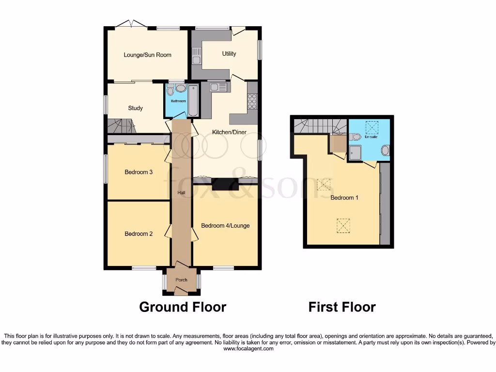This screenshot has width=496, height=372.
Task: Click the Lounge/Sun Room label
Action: tap(147, 55)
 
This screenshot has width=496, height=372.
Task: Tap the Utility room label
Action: tap(229, 54)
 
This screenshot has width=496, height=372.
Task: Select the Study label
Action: tap(135, 108)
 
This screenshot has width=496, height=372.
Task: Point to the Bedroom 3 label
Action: tap(139, 172)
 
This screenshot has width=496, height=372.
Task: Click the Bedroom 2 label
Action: tap(139, 234)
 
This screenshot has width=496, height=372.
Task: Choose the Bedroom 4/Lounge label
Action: tap(225, 226)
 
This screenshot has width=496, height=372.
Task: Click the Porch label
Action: tap(181, 280)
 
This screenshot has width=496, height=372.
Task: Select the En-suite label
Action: tap(371, 137)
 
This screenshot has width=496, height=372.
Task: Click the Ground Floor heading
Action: tap(183, 307)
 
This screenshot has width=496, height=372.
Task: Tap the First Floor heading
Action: tap(342, 307)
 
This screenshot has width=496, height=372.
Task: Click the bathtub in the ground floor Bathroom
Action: tap(193, 101)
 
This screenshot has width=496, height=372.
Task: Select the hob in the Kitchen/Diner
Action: tap(252, 101)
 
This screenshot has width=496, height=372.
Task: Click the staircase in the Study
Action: tap(121, 126)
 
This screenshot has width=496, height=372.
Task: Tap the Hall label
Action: tap(181, 193)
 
